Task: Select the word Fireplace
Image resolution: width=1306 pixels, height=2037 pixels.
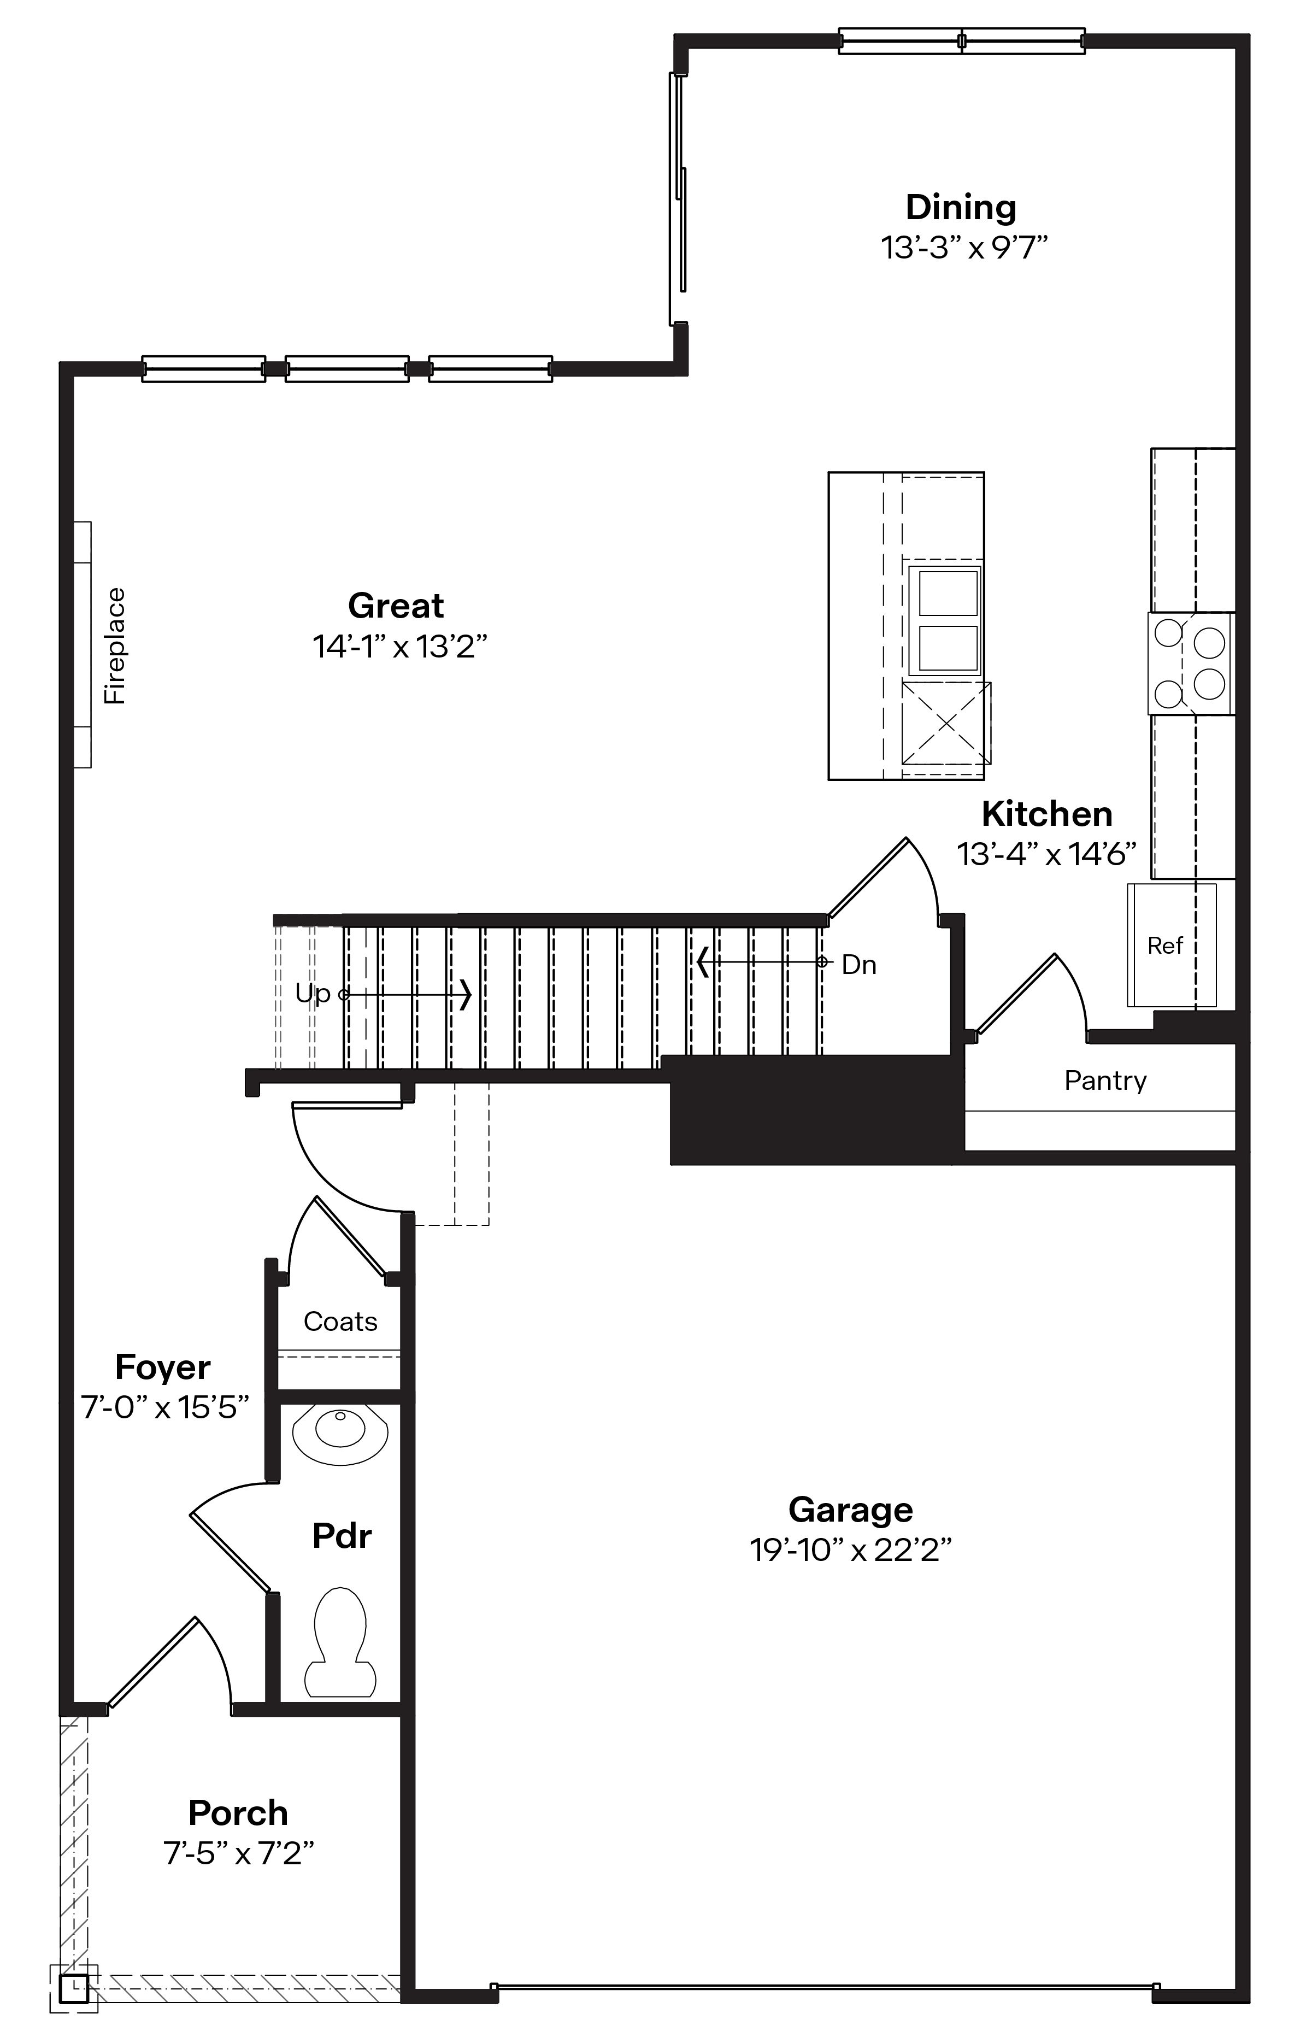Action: coord(115,646)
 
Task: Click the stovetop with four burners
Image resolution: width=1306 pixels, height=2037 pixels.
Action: coord(1191,663)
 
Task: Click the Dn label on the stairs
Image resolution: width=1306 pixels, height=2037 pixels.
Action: coord(858,965)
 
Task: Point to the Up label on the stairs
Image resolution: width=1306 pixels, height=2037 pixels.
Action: coord(312,993)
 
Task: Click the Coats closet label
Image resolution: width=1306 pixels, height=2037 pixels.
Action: coord(340,1321)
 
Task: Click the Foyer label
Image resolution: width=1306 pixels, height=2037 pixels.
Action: coord(163,1367)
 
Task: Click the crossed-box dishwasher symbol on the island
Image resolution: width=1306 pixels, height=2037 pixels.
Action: coord(945,723)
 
